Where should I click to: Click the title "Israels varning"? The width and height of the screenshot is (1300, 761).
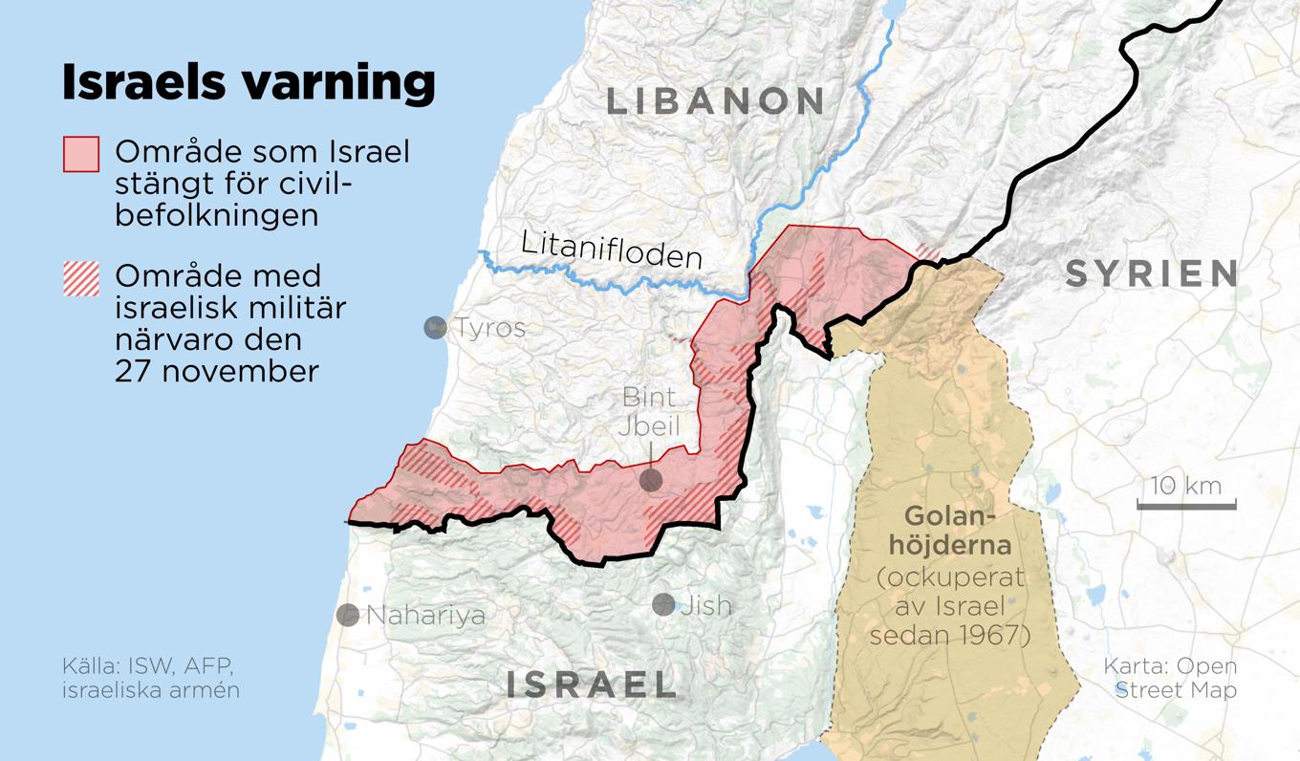coord(249,82)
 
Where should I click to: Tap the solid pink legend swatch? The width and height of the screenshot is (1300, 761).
coord(81,154)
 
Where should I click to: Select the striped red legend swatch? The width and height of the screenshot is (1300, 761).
coord(81,278)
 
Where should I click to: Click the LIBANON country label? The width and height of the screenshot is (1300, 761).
coord(715,101)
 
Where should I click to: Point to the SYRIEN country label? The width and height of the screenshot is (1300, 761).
coord(1152,274)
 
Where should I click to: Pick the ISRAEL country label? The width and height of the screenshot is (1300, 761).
coord(591,685)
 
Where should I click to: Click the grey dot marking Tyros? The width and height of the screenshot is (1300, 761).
coord(435,328)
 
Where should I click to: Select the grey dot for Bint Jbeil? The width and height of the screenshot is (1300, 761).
coord(651,481)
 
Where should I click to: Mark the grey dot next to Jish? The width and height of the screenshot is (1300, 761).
coord(663,604)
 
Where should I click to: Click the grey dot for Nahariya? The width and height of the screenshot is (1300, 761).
coord(348,615)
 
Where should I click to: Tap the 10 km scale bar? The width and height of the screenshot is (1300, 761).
coord(1185,503)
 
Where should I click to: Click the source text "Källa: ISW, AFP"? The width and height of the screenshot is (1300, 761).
coord(147,665)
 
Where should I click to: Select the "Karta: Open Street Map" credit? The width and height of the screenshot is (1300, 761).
coord(1170,677)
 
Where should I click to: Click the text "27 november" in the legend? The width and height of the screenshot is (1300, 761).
coord(216,370)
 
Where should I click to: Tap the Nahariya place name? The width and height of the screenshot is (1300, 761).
coord(425,615)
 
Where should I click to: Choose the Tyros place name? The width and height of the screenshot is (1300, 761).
coord(489,328)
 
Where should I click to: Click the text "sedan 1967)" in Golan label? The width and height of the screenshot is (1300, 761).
coord(950,634)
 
